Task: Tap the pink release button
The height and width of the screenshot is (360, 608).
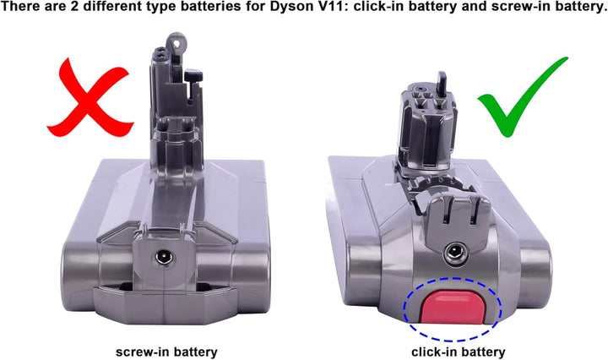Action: (x=452, y=307)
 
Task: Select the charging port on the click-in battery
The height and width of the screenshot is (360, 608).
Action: (x=453, y=253)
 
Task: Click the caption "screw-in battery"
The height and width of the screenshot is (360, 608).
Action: (x=166, y=352)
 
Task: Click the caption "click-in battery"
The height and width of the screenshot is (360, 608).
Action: (x=459, y=352)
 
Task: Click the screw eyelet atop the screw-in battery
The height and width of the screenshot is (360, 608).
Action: (x=176, y=41)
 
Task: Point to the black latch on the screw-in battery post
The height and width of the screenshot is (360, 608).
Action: (x=193, y=76)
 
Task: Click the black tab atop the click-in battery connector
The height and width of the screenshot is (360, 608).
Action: (x=442, y=81)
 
